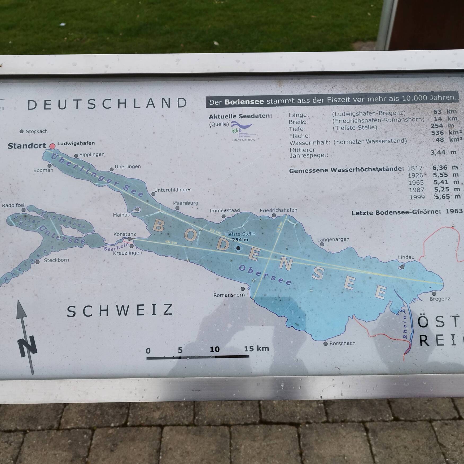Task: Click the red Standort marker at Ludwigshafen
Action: coord(52,146)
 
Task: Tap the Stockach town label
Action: coord(37,131)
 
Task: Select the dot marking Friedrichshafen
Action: coord(274,216)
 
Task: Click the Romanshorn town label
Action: coord(229,295)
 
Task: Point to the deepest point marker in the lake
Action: coord(238,248)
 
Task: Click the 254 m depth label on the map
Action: coord(240,240)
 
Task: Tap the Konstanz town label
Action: coord(125,234)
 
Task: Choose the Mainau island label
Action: coord(122,215)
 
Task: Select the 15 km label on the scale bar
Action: coord(256,348)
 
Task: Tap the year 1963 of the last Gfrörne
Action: coord(454,211)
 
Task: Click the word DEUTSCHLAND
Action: coord(107,104)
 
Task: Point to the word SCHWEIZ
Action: coord(120,311)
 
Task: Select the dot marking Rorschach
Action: coord(326,344)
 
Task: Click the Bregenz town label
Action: coord(440,299)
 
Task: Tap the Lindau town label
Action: coord(406,257)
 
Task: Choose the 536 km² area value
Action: coord(446,133)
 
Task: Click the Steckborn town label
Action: coord(56,260)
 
